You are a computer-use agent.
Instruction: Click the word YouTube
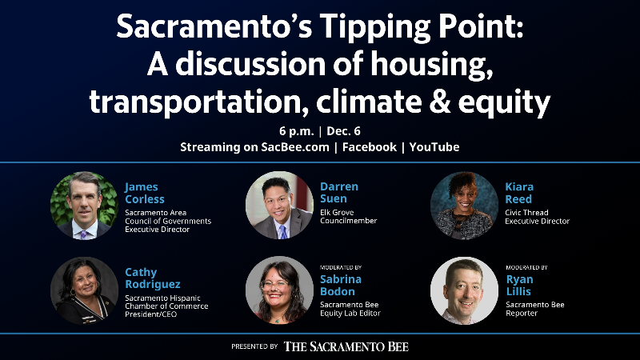434,147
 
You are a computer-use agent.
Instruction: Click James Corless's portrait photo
84,205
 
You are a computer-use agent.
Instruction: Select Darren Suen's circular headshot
279,205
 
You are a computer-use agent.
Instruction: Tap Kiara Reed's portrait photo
464,205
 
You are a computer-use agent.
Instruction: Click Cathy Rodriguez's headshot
84,290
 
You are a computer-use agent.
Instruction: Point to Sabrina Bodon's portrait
279,290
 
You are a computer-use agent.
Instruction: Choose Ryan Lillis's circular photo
464,290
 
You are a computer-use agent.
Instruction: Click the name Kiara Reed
520,193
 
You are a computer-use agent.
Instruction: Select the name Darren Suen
339,193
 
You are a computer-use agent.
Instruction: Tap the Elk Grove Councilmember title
348,217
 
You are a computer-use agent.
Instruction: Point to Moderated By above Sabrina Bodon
341,266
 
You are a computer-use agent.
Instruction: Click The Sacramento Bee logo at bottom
346,346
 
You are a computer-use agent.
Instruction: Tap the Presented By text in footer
254,346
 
